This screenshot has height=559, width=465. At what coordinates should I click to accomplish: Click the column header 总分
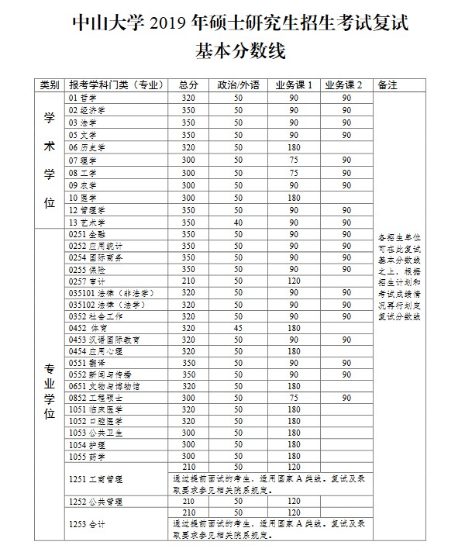(x=188, y=85)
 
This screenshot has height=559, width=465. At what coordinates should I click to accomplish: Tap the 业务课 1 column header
(x=294, y=85)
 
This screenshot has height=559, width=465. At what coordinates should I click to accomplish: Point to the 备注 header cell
(x=386, y=85)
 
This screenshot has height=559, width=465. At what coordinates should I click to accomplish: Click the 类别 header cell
(x=50, y=85)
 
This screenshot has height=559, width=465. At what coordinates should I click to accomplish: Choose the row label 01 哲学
(x=83, y=98)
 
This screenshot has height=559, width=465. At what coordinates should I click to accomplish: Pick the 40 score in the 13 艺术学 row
(x=237, y=222)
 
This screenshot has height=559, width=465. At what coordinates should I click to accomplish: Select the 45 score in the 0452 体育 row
(x=237, y=327)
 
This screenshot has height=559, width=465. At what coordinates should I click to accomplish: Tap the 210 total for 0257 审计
(x=188, y=280)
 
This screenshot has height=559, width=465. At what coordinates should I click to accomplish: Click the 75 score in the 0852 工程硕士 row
(x=294, y=398)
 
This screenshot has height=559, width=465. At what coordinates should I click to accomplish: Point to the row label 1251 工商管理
(x=96, y=480)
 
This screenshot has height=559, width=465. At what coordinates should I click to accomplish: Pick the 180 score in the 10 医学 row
(x=294, y=198)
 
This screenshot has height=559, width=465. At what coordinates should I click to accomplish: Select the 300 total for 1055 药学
(x=188, y=456)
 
